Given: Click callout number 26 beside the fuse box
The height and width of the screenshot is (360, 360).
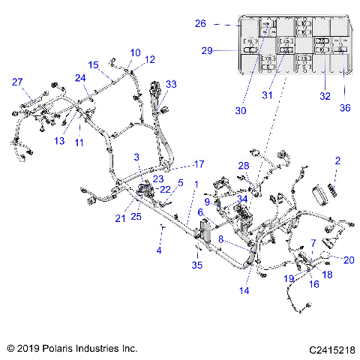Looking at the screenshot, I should pos(200,24).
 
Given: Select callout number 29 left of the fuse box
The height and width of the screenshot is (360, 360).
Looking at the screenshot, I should pos(207,50).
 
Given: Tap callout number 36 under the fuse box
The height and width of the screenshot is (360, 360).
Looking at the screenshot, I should pos(344,107).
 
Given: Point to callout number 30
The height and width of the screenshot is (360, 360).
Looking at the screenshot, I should pos(240,110).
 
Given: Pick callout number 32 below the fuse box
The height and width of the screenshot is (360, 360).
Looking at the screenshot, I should pos(324,97).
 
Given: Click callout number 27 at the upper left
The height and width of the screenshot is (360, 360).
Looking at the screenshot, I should pos(16,82).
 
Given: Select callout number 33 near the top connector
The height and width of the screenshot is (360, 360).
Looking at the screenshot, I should pos(171,84).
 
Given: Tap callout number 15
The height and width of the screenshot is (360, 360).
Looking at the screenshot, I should pos(94,64).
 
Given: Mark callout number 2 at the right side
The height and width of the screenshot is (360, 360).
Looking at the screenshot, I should pos(337,160).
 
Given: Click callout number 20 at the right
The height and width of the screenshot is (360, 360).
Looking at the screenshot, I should pos(347,260).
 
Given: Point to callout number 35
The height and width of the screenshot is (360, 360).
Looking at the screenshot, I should pos(197,265).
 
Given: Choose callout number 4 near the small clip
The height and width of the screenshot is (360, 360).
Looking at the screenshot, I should pos(158,250).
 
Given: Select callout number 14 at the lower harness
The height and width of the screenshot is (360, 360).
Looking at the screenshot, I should pos(244,289).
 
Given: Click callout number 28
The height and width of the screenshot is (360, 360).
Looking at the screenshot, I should pos(243,165).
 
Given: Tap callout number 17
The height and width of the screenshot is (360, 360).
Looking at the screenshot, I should pos(199,163).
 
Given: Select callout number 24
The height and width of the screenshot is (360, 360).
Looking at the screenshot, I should pos(80,77).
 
